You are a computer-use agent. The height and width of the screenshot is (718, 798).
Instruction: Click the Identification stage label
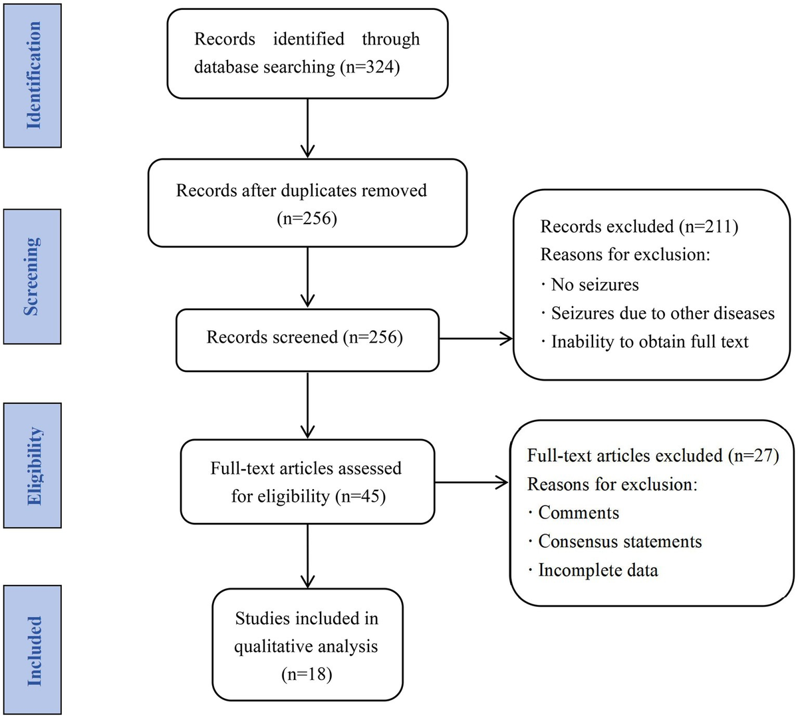coord(33,75)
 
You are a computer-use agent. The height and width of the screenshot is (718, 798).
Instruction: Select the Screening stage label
coord(32,277)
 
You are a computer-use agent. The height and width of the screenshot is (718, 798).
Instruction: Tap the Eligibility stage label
coord(33,465)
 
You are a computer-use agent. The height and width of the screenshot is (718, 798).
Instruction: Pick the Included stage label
coord(33,650)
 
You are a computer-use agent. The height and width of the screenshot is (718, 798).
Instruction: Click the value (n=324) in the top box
coord(370,67)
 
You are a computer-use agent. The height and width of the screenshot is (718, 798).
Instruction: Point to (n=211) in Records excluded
coord(709,226)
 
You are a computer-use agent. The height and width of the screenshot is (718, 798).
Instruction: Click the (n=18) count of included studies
coord(307,674)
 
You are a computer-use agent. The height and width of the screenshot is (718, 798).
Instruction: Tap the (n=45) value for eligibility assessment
coord(360,496)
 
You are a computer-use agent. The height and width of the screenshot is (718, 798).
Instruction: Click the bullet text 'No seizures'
coord(595,285)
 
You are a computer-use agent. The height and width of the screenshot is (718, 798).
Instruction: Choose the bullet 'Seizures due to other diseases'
coord(662,313)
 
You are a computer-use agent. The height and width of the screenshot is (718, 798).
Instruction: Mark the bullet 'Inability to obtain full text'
coord(649,342)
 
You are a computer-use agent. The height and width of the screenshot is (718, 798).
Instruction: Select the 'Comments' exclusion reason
coord(578,513)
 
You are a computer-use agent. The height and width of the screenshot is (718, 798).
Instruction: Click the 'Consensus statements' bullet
coord(620,542)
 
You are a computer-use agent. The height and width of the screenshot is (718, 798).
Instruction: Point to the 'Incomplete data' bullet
coord(598,570)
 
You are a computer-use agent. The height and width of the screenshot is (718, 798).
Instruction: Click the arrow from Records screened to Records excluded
coord(475,339)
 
